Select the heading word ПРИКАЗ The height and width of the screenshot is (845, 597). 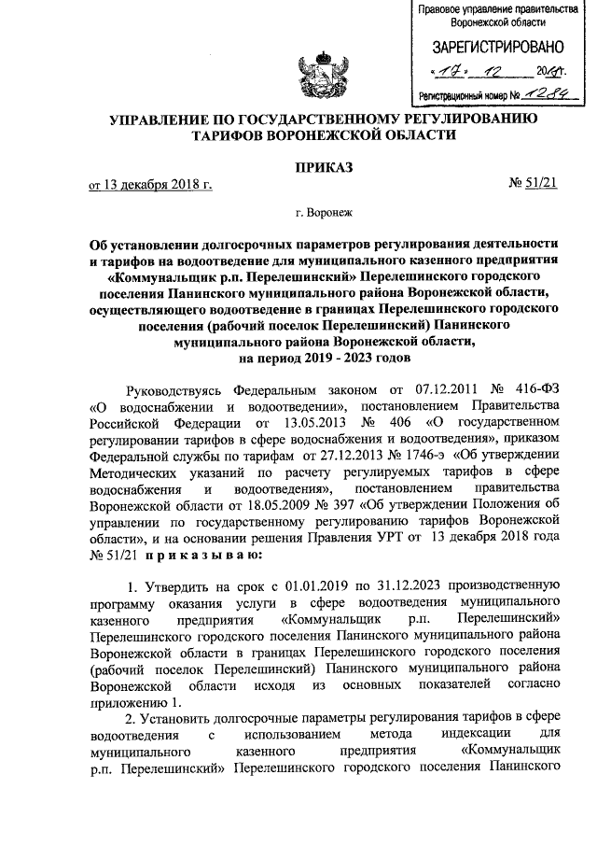[321, 170]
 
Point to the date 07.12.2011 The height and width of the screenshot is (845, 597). [433, 387]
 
